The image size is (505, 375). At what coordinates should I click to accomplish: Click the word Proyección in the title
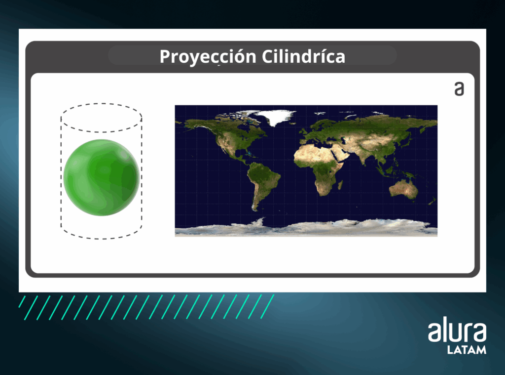[x=208, y=57]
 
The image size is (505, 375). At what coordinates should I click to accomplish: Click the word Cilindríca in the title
[x=303, y=56]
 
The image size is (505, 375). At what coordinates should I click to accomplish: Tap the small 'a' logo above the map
[x=459, y=89]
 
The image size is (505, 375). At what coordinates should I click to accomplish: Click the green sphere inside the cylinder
[x=102, y=177]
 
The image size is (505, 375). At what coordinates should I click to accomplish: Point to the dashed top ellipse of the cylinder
[x=102, y=104]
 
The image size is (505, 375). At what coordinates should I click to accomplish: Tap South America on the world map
[x=262, y=182]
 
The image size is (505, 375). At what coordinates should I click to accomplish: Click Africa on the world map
[x=319, y=168]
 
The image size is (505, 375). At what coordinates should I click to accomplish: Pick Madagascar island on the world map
[x=340, y=185]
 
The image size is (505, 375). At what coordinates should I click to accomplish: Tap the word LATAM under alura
[x=467, y=350]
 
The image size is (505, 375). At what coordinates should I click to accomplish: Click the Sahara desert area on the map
[x=314, y=154]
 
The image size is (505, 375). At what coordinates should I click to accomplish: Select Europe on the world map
[x=317, y=131]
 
